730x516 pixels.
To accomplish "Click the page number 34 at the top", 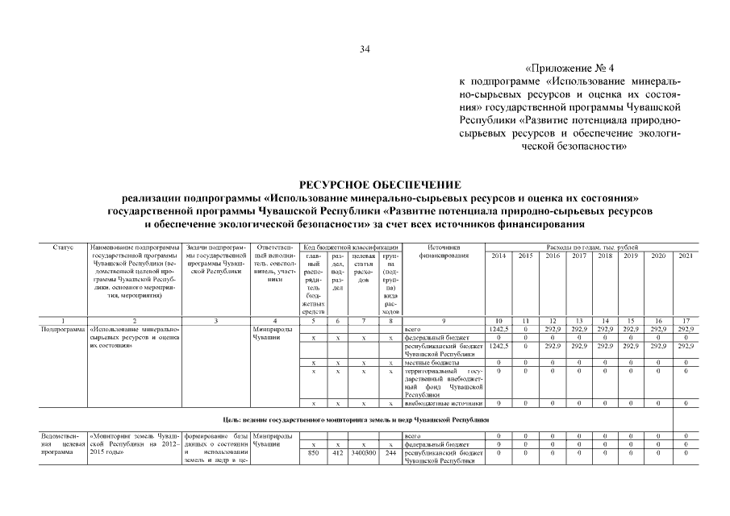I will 365,50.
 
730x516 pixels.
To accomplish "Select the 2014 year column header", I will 498,256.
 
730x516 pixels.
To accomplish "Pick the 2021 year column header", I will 685,256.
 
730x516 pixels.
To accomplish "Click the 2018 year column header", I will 605,256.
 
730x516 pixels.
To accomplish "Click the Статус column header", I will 63,247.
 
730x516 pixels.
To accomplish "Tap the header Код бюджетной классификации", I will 351,247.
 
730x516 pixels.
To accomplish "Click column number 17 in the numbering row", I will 685,321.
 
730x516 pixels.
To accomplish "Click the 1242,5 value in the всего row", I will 498,329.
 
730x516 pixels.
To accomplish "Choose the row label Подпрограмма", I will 63,329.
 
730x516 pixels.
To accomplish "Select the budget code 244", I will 390,453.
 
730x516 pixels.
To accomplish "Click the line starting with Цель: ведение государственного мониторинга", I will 356,420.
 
